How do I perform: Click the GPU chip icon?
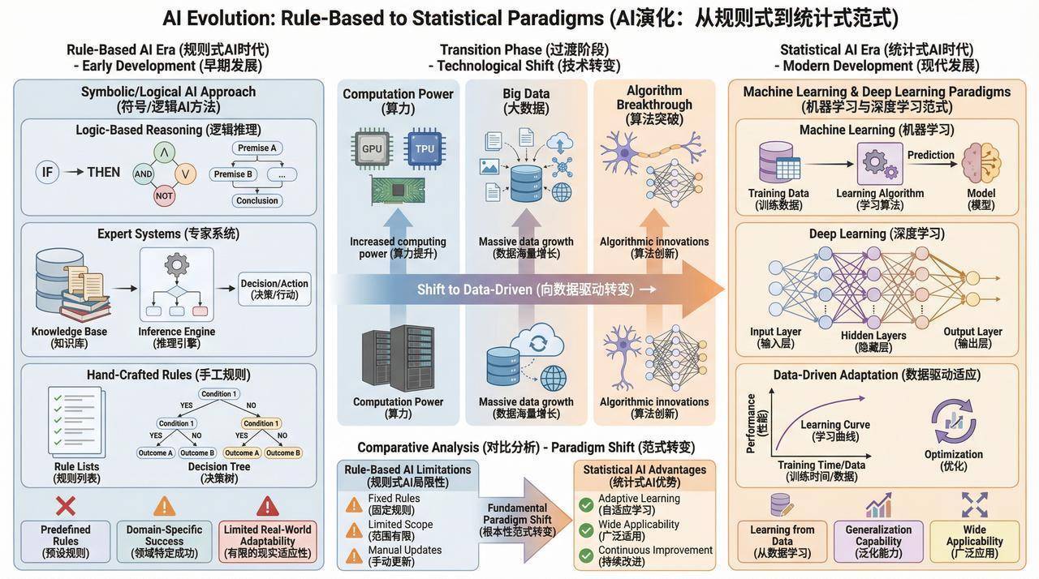coord(372,148)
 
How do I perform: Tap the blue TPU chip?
coord(425,148)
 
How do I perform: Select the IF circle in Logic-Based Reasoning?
coord(47,172)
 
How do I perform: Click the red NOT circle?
coord(164,196)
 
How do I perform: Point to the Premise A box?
coord(257,148)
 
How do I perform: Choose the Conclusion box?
coord(257,200)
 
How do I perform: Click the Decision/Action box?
coord(274,289)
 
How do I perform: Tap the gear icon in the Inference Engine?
coord(177,265)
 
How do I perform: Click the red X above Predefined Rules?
coord(66,506)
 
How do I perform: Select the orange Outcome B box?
coord(283,452)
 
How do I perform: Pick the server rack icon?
coord(398,358)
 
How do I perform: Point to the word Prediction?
coord(931,155)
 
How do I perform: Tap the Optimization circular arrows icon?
coord(954,422)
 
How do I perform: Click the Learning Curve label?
coord(835,424)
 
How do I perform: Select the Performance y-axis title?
coord(751,423)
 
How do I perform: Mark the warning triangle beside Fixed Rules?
coord(354,504)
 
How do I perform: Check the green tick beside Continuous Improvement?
coord(586,555)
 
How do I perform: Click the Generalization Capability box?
coord(878,541)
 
